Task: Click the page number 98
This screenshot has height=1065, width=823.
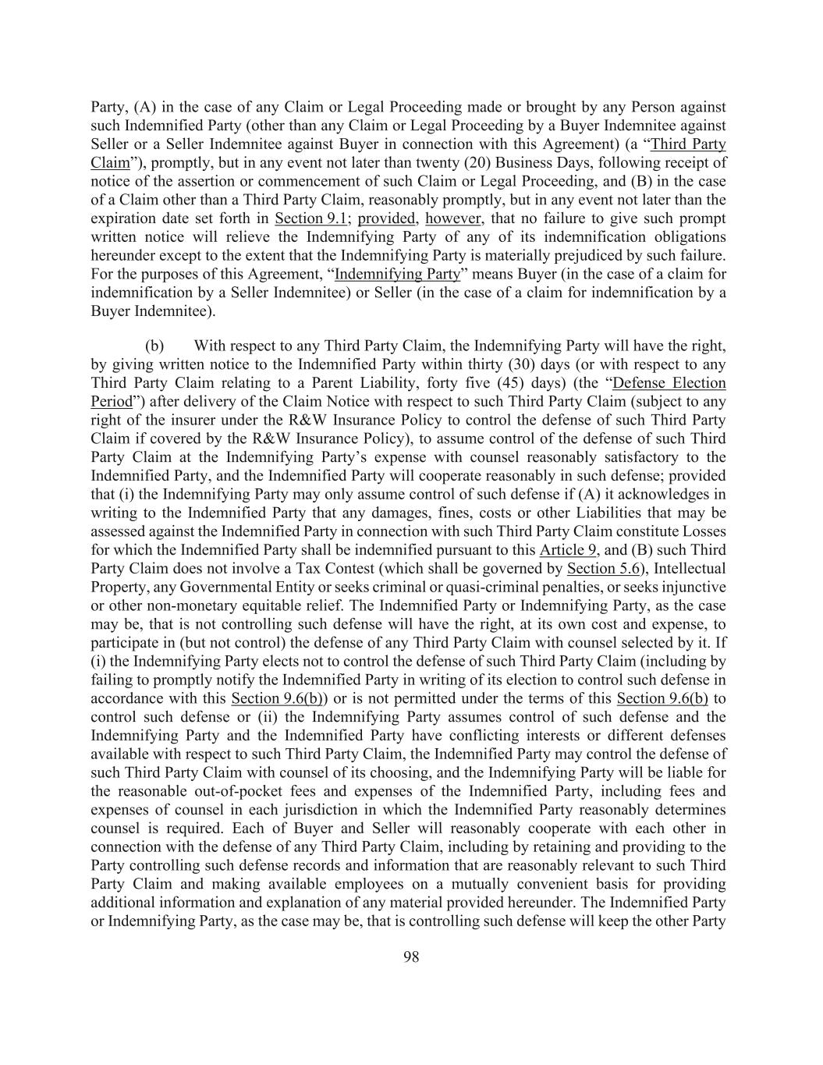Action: (411, 957)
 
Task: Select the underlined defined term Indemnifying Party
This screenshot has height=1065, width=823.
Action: (396, 275)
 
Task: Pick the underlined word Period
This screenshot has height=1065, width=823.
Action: (111, 402)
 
